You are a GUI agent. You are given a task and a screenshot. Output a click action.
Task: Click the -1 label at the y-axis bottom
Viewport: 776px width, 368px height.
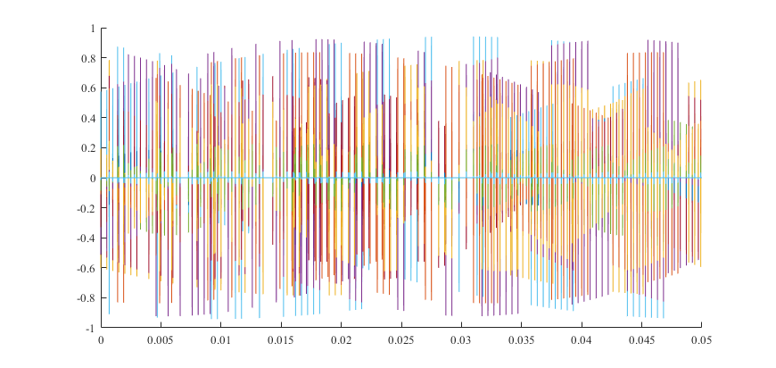point(90,328)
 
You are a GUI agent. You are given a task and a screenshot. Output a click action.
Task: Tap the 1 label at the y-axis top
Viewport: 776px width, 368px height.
point(93,29)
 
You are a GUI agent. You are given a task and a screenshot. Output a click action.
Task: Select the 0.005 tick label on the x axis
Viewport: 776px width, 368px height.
point(161,340)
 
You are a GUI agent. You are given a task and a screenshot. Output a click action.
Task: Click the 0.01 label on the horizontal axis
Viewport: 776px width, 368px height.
point(221,340)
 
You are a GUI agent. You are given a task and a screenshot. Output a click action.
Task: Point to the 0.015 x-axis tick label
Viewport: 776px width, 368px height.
point(281,340)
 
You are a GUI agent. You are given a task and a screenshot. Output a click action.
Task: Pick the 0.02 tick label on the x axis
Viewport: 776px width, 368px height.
point(341,340)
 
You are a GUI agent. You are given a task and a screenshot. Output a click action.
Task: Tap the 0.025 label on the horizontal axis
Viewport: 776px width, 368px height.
point(401,340)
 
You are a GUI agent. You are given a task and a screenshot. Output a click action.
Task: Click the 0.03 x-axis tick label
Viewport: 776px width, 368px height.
point(461,340)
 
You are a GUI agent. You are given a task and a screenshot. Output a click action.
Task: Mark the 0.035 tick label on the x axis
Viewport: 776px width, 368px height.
point(521,340)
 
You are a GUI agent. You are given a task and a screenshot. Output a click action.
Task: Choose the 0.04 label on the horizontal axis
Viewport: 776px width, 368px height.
point(582,340)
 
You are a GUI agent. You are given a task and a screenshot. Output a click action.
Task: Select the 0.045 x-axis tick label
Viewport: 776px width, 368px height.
point(641,340)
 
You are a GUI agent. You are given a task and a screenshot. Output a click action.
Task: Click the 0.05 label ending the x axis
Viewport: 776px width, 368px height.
point(701,340)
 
